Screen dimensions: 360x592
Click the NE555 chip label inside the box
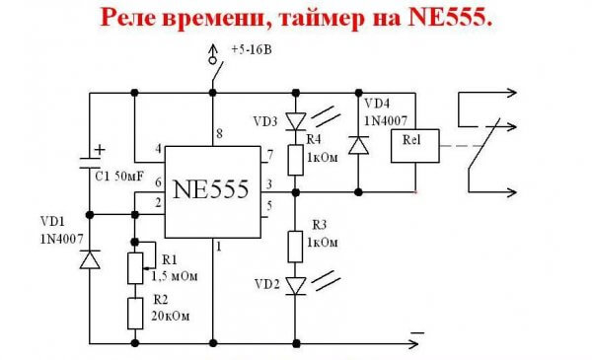tap(211, 189)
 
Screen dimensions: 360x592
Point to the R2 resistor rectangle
tap(135, 315)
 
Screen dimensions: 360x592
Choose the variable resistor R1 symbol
tap(135, 266)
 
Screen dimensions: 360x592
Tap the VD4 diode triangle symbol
tap(357, 145)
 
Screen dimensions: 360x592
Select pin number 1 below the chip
tap(219, 246)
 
